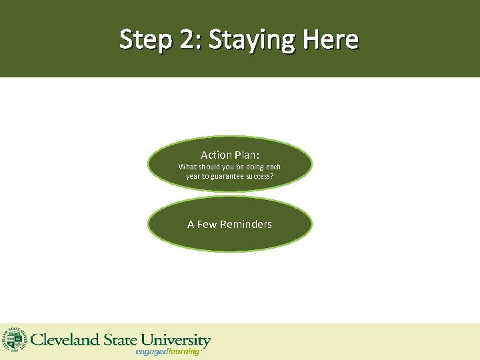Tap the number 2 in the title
[x=184, y=40]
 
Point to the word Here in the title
[x=331, y=40]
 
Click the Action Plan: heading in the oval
[x=230, y=155]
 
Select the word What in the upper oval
[x=187, y=167]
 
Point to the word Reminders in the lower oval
[x=245, y=224]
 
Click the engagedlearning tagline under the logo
[x=167, y=351]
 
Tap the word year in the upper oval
[x=193, y=177]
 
